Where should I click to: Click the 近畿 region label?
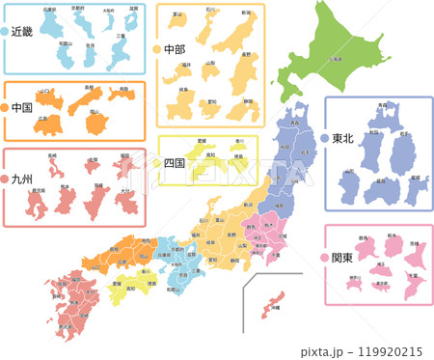(x=21, y=32)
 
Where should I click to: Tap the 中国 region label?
(x=22, y=107)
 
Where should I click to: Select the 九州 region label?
(x=22, y=180)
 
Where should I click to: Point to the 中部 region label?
(x=175, y=49)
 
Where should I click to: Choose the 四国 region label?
(x=175, y=162)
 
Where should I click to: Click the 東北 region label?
(x=344, y=138)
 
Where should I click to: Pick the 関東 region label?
(x=342, y=258)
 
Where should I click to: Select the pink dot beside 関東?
(x=323, y=258)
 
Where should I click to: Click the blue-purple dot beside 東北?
(x=324, y=138)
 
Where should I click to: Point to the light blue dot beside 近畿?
(x=5, y=32)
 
